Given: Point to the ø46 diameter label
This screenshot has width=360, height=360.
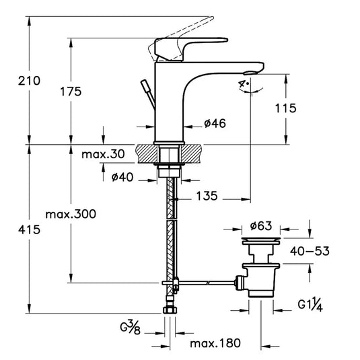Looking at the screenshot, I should (x=214, y=124).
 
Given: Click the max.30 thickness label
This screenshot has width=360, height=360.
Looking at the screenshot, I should (x=103, y=155).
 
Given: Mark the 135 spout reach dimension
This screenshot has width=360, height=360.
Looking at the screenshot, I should (x=208, y=196).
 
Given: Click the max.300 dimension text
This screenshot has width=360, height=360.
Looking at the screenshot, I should (x=71, y=214).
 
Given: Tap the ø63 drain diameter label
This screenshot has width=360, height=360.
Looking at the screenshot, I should (x=260, y=226).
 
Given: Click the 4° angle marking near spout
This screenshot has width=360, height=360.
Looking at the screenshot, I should (x=242, y=83).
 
